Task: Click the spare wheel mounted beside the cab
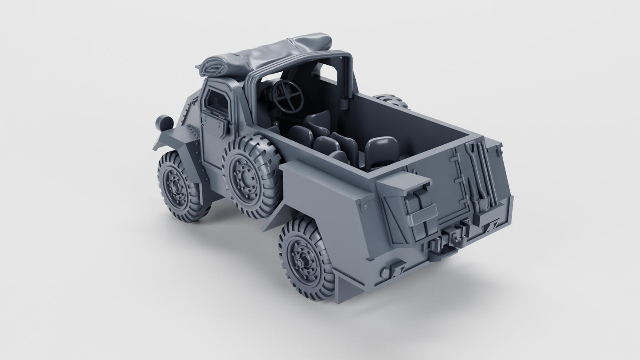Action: (251, 175)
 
